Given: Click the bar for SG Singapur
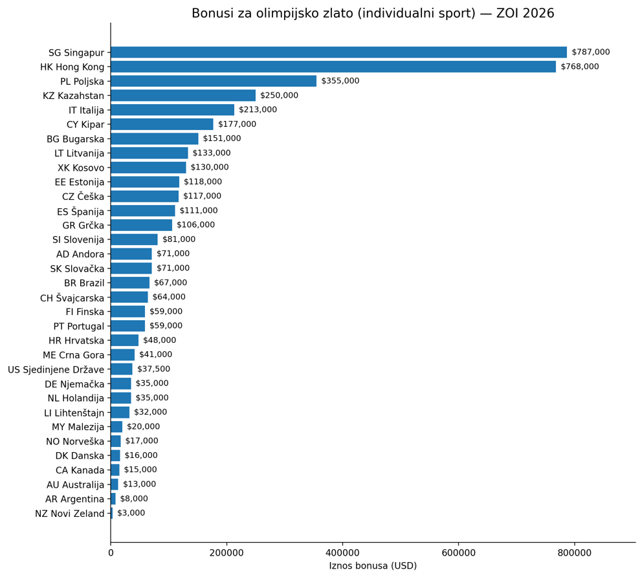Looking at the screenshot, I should click(x=338, y=52).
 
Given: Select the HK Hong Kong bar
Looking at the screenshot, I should click(x=333, y=67).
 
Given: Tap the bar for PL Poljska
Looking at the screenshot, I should click(x=214, y=81).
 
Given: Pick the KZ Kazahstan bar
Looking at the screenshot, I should click(x=183, y=96).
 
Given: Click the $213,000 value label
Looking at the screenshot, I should click(x=258, y=110).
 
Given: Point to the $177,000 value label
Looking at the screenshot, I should click(x=237, y=124).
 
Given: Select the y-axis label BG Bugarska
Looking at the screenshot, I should click(x=75, y=139).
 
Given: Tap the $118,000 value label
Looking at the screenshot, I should click(x=203, y=182).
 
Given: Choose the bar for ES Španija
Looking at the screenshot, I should click(x=142, y=211).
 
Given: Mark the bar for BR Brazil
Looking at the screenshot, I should click(x=130, y=283).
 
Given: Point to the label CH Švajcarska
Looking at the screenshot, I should click(x=72, y=298).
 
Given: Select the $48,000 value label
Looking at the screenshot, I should click(x=159, y=340).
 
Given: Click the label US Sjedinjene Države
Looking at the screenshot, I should click(x=56, y=369).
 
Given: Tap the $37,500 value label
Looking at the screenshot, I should click(x=153, y=369).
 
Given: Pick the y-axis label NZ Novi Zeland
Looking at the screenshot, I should click(x=69, y=514).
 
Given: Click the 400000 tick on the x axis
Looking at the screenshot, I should click(x=342, y=552).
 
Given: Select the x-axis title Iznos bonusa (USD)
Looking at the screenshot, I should click(x=373, y=566).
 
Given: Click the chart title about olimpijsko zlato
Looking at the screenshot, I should click(x=373, y=14).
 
